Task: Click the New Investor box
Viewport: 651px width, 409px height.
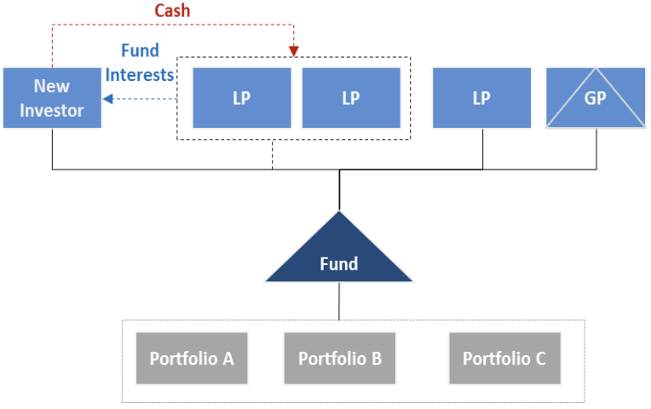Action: (x=52, y=98)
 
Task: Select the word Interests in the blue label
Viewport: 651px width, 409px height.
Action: (x=140, y=75)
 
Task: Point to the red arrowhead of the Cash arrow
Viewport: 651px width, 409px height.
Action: (x=293, y=51)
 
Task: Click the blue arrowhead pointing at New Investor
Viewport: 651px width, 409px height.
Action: (x=107, y=99)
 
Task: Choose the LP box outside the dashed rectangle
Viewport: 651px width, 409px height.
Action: (x=481, y=98)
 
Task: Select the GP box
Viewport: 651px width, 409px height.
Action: (x=595, y=98)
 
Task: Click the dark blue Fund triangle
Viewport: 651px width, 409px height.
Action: (x=339, y=256)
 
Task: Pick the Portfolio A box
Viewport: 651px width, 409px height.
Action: (x=192, y=358)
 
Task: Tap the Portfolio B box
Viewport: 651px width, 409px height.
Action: (x=340, y=358)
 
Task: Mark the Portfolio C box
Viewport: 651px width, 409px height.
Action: (x=504, y=358)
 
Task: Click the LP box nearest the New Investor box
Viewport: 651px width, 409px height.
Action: (x=242, y=98)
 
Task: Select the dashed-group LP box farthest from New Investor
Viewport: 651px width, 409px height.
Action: (x=351, y=98)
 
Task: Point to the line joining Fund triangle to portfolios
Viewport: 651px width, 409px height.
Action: (x=339, y=301)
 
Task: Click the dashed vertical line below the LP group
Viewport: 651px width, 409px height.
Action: (x=273, y=154)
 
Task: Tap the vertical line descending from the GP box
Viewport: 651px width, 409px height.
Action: (x=595, y=149)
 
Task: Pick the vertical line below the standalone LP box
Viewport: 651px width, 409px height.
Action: (x=483, y=149)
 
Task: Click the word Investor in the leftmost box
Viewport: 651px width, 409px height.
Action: (x=52, y=111)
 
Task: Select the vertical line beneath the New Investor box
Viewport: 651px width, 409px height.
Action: (x=53, y=149)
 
